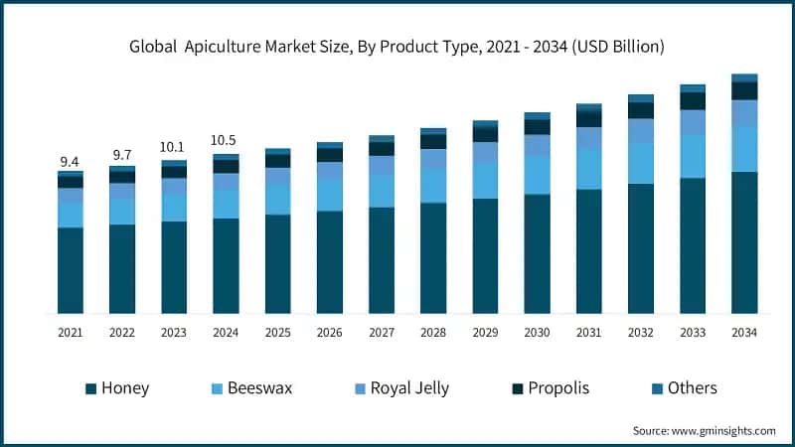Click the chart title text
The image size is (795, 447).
click(397, 47)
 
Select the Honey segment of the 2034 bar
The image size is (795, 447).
click(744, 242)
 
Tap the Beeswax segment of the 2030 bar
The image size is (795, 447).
click(537, 175)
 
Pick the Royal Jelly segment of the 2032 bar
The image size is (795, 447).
click(641, 130)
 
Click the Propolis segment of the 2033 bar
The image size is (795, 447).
click(693, 101)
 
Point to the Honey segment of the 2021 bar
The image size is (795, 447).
click(71, 270)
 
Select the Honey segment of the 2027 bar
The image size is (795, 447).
click(382, 260)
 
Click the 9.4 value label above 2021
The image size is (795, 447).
click(71, 161)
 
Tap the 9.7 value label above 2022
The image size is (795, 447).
click(122, 156)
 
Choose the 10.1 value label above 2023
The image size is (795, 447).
click(174, 148)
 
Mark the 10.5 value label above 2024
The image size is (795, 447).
click(226, 141)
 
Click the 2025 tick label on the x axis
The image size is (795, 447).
click(277, 333)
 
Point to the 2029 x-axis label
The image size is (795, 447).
click(485, 333)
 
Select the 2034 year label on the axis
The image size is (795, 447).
click(744, 333)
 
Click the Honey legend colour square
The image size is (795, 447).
click(90, 388)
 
